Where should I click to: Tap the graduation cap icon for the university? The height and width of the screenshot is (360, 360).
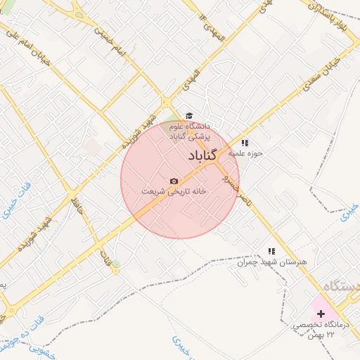tap(188, 116)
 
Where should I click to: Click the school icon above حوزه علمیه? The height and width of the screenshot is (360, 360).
tap(244, 143)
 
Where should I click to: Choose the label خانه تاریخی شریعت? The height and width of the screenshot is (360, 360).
tap(173, 191)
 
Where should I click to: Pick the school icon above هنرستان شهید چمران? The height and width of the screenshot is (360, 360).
tap(271, 250)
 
